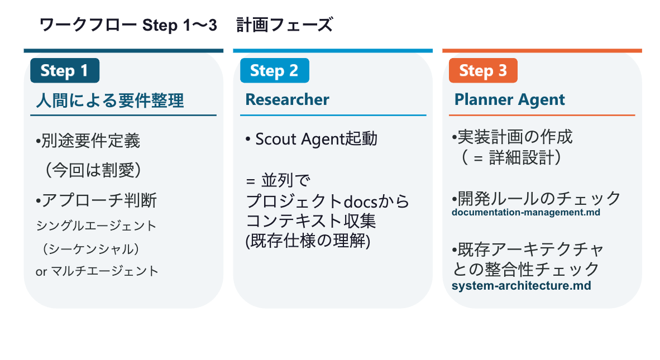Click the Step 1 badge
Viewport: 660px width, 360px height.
pos(65,71)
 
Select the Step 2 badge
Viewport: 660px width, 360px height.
pos(274,71)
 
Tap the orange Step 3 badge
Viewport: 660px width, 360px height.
pos(483,71)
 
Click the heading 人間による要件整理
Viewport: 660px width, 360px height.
pos(109,100)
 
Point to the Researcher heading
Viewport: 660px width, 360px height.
pos(287,100)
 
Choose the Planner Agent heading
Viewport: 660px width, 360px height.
pos(509,100)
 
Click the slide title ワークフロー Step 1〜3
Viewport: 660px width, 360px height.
pos(128,25)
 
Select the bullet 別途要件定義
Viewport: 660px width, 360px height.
pos(88,141)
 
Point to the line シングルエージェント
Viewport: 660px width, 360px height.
pos(96,225)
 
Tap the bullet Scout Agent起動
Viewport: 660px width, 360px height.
pos(311,139)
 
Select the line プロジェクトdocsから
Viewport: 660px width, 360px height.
pos(327,201)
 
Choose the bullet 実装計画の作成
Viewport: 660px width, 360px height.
pos(512,137)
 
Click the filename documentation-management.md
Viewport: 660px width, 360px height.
pos(526,212)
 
